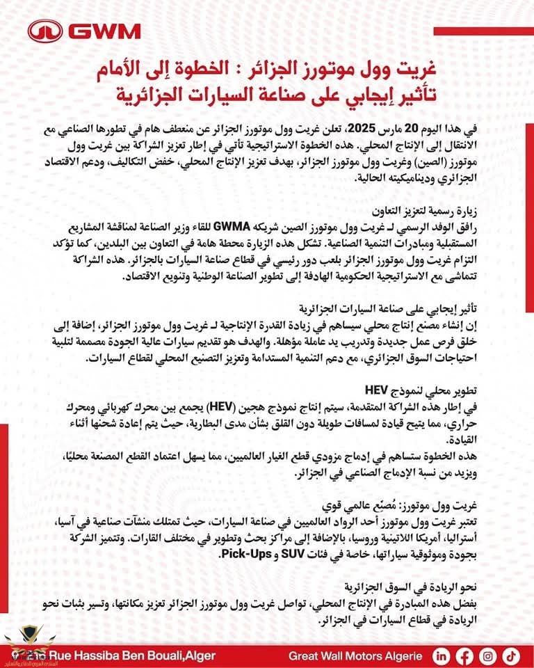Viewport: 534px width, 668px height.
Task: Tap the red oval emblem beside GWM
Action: [x=45, y=31]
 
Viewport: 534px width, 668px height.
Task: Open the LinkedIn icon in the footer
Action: [x=442, y=655]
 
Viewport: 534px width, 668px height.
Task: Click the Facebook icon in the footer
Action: [x=464, y=655]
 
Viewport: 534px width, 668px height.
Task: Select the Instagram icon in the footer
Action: [x=488, y=655]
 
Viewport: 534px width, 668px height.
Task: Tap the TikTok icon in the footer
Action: [x=511, y=655]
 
